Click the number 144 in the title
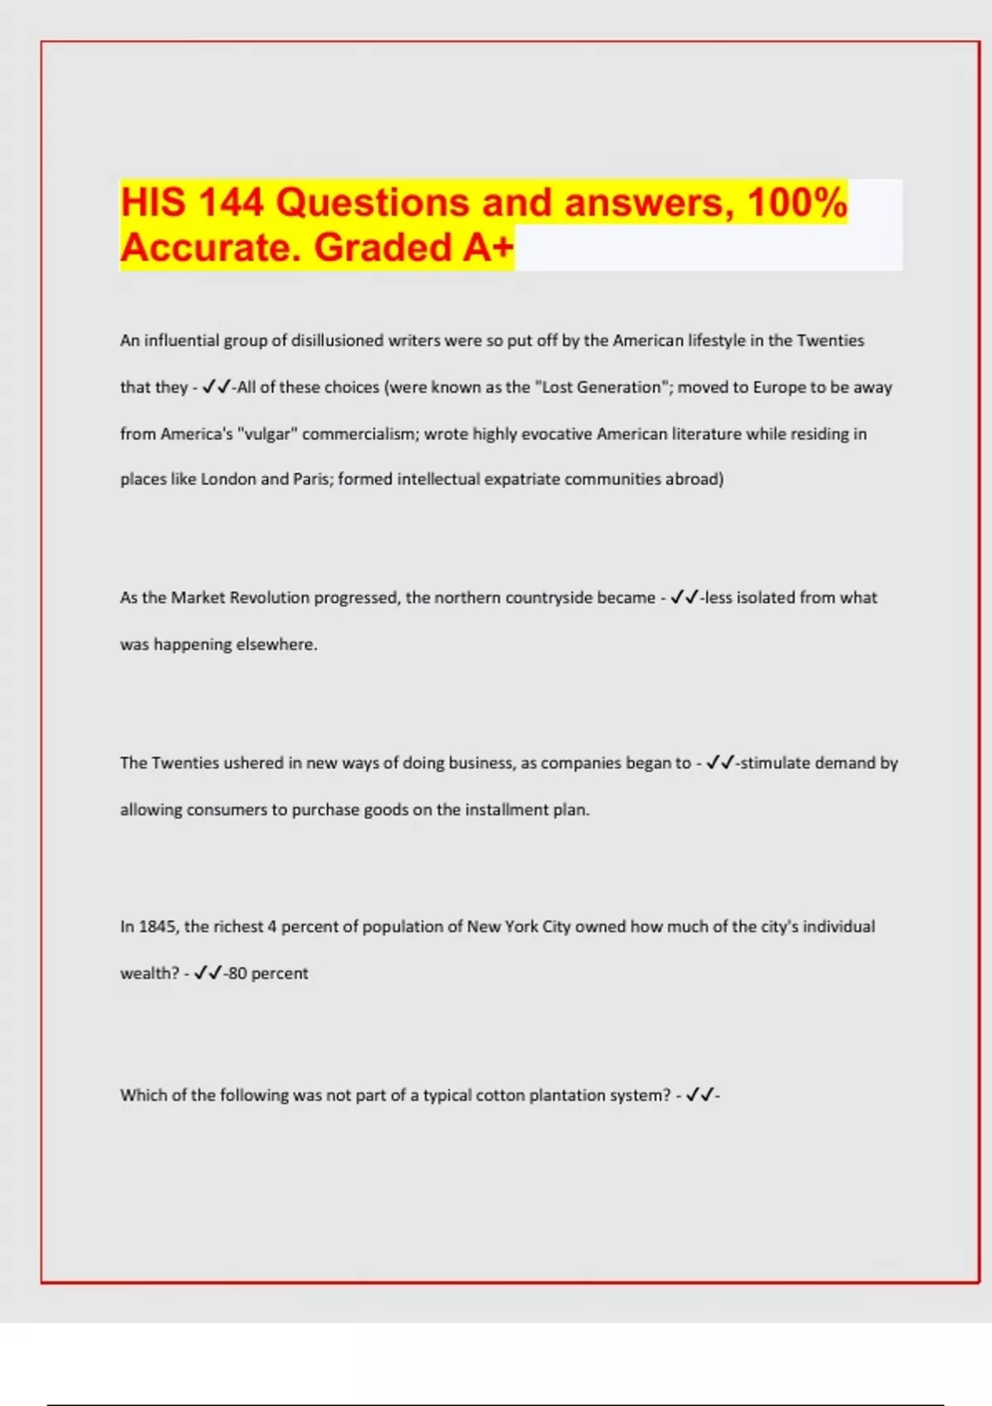click(231, 203)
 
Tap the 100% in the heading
click(797, 203)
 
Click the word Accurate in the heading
click(211, 247)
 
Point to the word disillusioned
click(337, 341)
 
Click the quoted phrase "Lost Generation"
click(602, 387)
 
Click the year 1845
click(157, 927)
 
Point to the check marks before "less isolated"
click(684, 598)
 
